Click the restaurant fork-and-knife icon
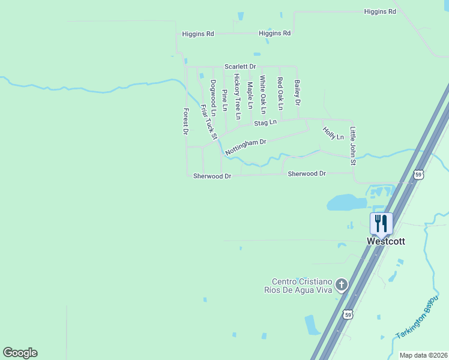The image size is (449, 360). point(381,224)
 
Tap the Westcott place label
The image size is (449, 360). point(386,241)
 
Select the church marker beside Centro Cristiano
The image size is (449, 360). point(342,284)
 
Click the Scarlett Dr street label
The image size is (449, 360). point(240,67)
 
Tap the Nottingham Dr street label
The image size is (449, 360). point(246,146)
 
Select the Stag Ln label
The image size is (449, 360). point(265,123)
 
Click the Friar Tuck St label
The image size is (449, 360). point(208,122)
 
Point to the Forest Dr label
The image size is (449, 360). point(186,122)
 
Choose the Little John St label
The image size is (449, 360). point(353,146)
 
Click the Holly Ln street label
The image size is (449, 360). point(333,133)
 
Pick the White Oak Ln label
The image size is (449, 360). point(262,94)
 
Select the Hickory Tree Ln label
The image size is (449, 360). point(237,96)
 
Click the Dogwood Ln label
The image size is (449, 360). point(212,97)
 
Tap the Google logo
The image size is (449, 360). point(20,353)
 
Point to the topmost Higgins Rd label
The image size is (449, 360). point(380,11)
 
